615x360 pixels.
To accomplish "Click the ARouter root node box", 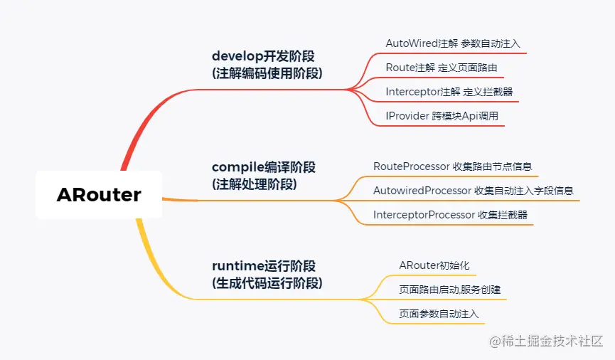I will [99, 194].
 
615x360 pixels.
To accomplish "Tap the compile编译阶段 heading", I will [264, 167].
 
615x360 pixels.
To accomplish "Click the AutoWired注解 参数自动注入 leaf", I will [452, 43].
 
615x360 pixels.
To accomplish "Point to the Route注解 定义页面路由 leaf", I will [441, 68].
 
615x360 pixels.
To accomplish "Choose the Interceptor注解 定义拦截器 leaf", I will [449, 92].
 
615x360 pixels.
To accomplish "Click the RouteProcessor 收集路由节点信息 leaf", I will [452, 166].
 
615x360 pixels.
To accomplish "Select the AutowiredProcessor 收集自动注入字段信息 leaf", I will [473, 191].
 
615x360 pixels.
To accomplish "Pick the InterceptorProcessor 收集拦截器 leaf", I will [450, 215].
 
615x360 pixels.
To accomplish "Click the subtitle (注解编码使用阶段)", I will [267, 73].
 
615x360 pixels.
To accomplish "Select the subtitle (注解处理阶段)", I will [254, 184].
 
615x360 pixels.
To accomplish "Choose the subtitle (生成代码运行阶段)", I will [267, 283].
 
